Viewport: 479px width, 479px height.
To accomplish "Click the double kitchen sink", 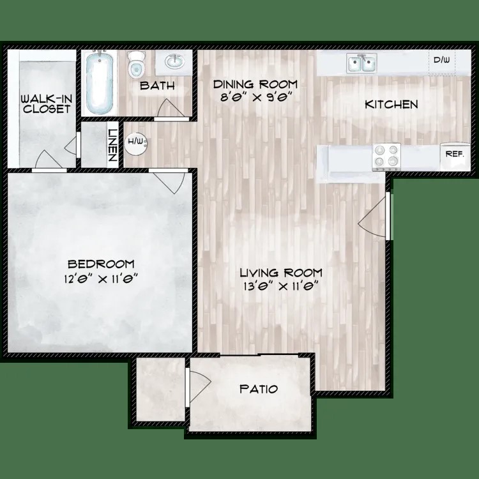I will (361, 63).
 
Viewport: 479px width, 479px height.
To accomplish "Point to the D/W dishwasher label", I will (441, 61).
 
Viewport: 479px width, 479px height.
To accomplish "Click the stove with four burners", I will (386, 155).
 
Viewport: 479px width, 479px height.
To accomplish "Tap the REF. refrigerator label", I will (453, 154).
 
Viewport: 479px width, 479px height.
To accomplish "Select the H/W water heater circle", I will (136, 142).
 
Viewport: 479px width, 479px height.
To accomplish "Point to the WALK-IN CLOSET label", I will (45, 103).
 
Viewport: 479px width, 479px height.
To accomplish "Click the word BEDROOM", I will (101, 264).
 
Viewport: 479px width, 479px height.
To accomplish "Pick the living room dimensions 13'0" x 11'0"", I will (279, 287).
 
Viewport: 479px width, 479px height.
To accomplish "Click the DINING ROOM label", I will (255, 85).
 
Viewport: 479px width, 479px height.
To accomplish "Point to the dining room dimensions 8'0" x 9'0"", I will (255, 98).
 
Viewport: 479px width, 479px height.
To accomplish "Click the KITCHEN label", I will (391, 104).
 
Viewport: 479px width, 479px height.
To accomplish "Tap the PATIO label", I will (259, 388).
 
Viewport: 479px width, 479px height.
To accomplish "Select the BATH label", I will (157, 86).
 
